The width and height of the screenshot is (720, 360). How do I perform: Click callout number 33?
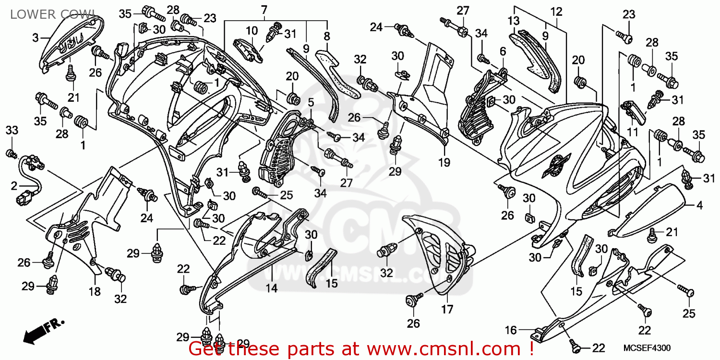click(12, 130)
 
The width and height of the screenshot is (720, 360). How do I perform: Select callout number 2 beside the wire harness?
click(14, 185)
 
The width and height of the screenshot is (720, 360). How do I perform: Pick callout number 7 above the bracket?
click(264, 10)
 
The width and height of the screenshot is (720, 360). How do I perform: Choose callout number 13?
click(514, 21)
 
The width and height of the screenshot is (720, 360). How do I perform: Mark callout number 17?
click(446, 310)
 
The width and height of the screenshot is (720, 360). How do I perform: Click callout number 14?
click(272, 288)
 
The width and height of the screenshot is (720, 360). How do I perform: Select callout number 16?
click(510, 330)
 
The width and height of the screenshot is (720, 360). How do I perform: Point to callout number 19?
click(444, 163)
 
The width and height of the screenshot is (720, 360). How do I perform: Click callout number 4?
click(699, 205)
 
